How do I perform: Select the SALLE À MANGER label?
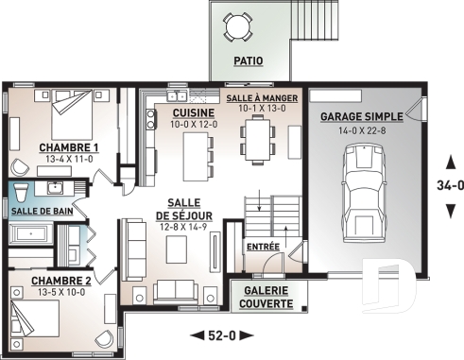[264, 98]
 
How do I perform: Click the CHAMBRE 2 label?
[60, 282]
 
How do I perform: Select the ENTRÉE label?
[261, 247]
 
